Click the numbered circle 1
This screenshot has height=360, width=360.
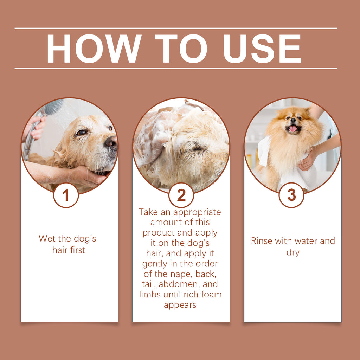(66, 195)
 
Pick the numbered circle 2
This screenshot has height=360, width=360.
(181, 195)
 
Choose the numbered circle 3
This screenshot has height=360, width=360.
(291, 195)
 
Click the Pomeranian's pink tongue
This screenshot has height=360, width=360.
(293, 129)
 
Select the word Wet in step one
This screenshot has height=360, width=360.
(46, 239)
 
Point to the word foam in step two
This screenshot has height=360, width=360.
(212, 294)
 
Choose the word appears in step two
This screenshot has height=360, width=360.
(180, 305)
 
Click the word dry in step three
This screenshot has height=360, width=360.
(292, 252)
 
